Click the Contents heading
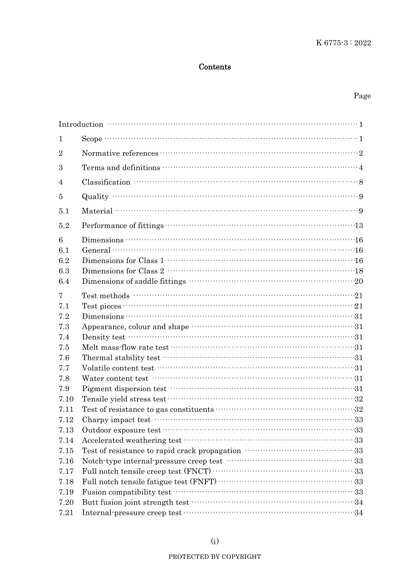coord(214,67)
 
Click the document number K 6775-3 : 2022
coord(343,43)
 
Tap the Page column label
coord(362,96)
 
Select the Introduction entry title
coord(81,125)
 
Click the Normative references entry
coord(120,154)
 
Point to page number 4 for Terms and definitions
coord(361,168)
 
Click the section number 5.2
coord(64,226)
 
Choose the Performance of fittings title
coord(123,226)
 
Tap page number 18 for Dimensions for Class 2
coord(359,271)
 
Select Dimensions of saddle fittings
coord(134,282)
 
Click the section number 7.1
coord(64,306)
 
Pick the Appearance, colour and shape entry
coord(135,327)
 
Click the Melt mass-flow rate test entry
coord(125,348)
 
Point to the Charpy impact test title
coord(116,420)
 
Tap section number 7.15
coord(66,451)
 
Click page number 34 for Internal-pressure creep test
coord(359,513)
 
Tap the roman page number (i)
coord(214,541)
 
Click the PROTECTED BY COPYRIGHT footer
coord(214,557)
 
